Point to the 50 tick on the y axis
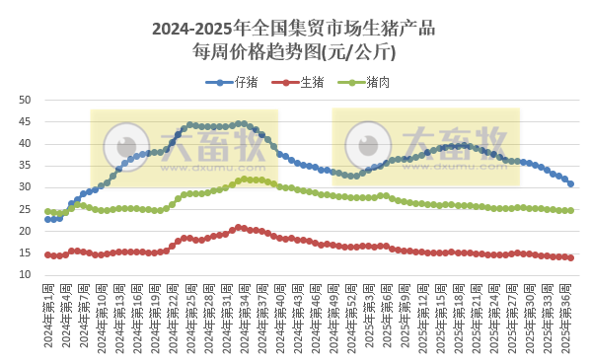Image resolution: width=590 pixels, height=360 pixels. [x=26, y=101]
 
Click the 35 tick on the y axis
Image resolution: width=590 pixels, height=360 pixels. [x=26, y=166]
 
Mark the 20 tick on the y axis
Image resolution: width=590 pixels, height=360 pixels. [x=26, y=231]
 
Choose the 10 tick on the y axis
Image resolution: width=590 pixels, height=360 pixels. [x=26, y=275]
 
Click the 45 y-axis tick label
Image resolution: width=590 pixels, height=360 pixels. [x=26, y=122]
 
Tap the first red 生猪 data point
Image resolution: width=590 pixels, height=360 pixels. [x=47, y=254]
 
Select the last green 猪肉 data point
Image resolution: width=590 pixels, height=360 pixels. [x=570, y=210]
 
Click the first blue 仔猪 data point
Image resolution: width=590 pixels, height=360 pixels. [x=47, y=219]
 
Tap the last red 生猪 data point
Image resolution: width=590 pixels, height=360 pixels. [x=570, y=257]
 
